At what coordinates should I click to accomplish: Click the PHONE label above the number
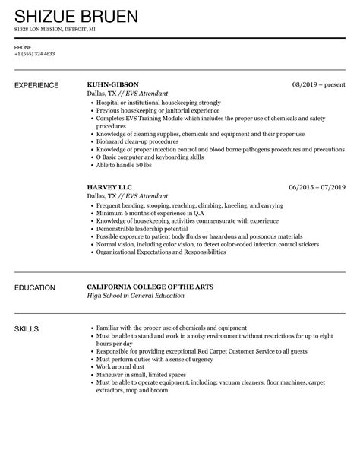tap(23, 47)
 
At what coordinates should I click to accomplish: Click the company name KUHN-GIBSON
tap(114, 85)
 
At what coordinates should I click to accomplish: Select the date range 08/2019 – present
tap(319, 85)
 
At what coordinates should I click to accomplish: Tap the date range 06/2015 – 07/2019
tap(317, 186)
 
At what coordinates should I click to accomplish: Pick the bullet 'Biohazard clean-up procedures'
tap(134, 141)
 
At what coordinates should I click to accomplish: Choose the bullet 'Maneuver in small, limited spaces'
tap(141, 373)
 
